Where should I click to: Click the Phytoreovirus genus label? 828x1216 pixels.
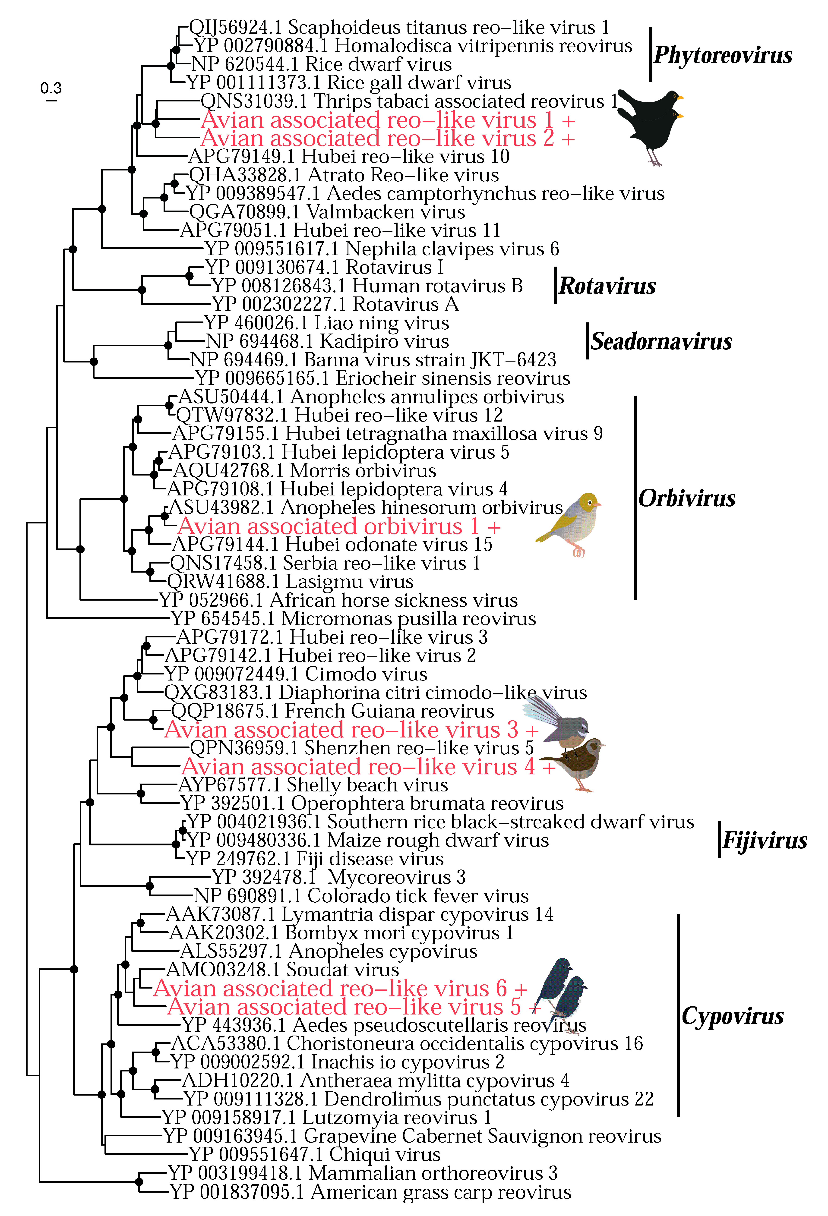click(723, 55)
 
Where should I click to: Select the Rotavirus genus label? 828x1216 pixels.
click(607, 286)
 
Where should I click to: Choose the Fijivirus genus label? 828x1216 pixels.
click(764, 840)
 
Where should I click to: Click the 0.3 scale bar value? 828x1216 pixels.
click(51, 88)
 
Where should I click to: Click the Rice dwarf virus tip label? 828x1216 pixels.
click(321, 64)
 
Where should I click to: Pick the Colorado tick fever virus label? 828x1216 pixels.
click(361, 896)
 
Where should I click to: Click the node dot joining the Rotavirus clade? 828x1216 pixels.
click(142, 289)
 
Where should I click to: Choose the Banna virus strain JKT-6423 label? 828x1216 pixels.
click(373, 360)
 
